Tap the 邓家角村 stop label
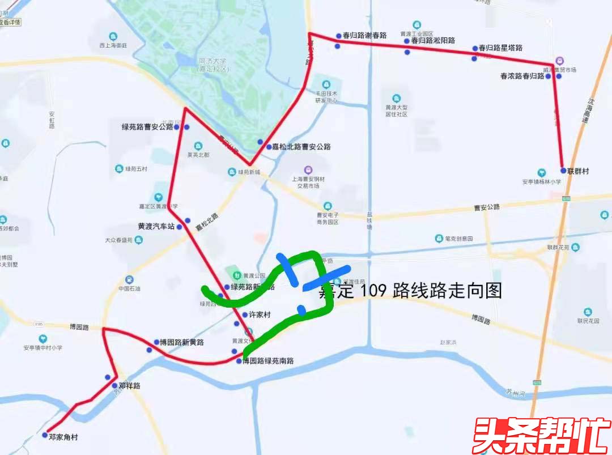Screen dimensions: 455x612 [63, 437]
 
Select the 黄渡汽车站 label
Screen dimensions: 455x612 [156, 226]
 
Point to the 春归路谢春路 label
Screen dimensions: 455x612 [364, 36]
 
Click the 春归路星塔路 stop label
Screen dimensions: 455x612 [500, 48]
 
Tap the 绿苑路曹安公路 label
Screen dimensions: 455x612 [147, 127]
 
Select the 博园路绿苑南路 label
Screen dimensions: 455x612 [268, 361]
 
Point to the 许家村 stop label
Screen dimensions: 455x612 [260, 315]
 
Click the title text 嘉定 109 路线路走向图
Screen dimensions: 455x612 [410, 291]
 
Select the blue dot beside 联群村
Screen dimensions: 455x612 [563, 171]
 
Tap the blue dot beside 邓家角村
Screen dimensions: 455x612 [45, 436]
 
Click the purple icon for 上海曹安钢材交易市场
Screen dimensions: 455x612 [308, 169]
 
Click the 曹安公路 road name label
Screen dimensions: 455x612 [487, 207]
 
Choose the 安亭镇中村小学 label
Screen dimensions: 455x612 [43, 348]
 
